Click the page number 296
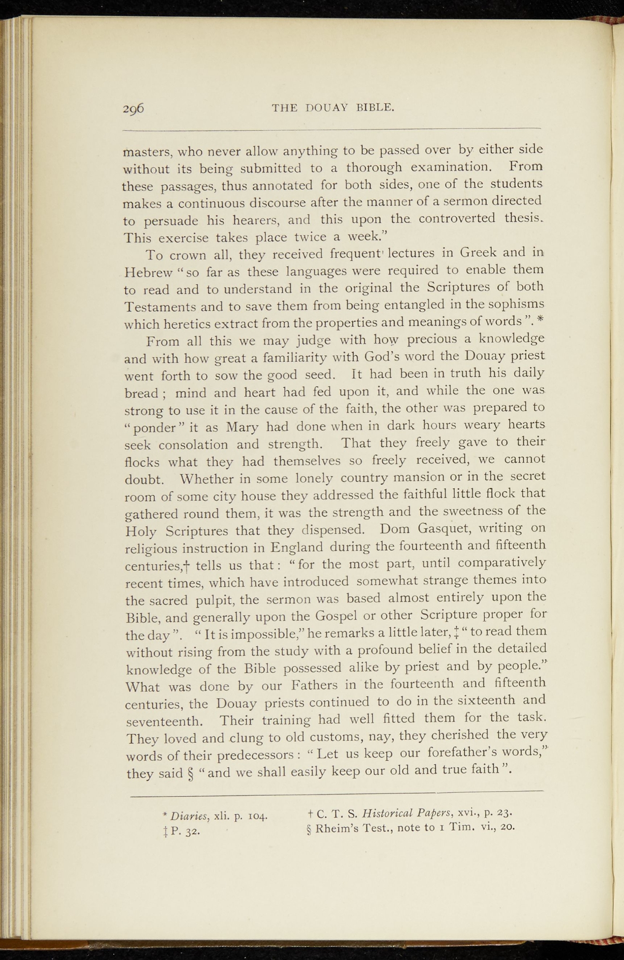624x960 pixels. (x=133, y=109)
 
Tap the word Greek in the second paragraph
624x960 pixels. (x=478, y=253)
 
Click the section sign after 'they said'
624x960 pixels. (x=190, y=773)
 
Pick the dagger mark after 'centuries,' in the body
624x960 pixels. (x=186, y=566)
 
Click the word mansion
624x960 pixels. (x=417, y=478)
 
